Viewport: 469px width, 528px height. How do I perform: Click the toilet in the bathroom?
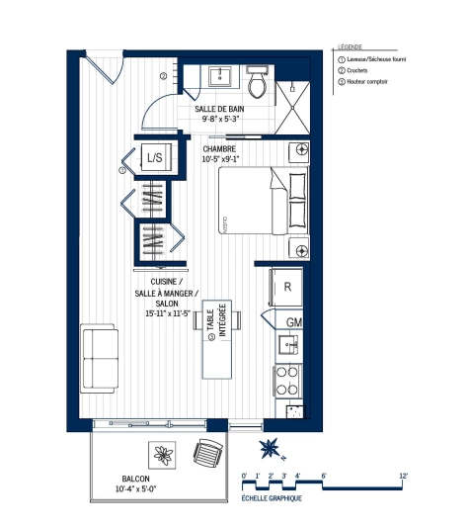(259, 85)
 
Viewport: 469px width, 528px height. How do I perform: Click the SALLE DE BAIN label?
(219, 108)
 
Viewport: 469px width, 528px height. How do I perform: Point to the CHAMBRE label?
(222, 148)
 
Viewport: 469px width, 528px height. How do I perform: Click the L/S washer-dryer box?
(156, 157)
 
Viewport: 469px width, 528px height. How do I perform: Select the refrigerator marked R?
(286, 286)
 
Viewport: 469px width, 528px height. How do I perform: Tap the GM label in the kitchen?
(293, 322)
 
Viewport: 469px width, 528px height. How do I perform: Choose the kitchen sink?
(287, 345)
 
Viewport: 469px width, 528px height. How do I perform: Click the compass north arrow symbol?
(269, 450)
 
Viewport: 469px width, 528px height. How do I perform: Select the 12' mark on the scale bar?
(403, 477)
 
